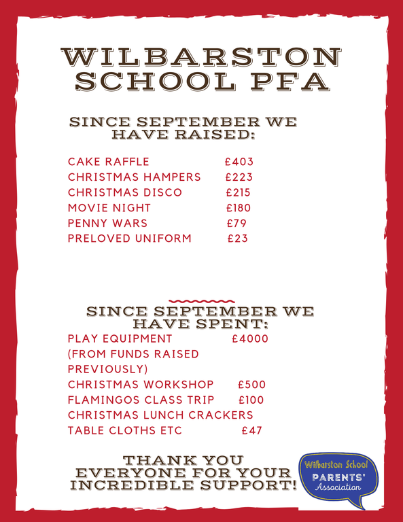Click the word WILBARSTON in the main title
pos(201,57)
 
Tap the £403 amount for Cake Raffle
pos(239,162)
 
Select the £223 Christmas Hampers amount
pos(239,177)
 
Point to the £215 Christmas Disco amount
pos(239,192)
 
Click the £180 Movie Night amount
pos(239,208)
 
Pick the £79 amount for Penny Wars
pos(236,223)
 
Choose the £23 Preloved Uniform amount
pos(238,239)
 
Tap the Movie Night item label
pos(109,208)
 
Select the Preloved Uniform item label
pos(130,239)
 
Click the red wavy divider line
pos(201,300)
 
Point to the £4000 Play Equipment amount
pos(250,338)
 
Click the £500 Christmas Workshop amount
pos(252,385)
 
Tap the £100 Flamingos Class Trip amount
pos(251,400)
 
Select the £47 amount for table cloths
pos(252,430)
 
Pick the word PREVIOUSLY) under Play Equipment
pos(108,369)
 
